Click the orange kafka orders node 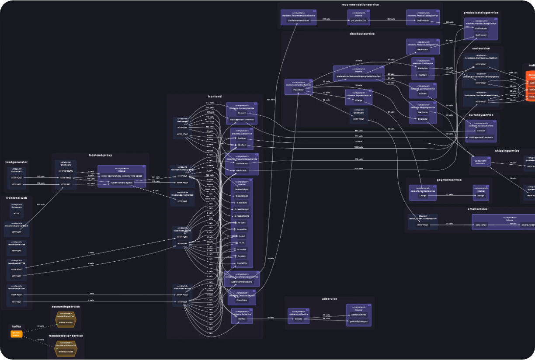(16, 334)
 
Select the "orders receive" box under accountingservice (66, 322)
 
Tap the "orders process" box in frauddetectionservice (66, 351)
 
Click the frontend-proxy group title (101, 155)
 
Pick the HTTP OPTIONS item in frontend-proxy (65, 171)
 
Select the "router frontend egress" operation (122, 183)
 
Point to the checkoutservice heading (362, 34)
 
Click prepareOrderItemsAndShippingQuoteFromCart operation (359, 76)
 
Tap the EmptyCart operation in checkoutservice (423, 68)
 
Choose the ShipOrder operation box (423, 119)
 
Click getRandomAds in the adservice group (359, 315)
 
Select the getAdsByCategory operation (359, 321)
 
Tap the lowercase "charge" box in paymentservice (481, 196)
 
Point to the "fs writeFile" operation (242, 263)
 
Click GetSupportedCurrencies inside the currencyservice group (481, 137)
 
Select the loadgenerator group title (17, 162)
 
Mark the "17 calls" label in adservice (327, 315)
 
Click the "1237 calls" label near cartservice (513, 73)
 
